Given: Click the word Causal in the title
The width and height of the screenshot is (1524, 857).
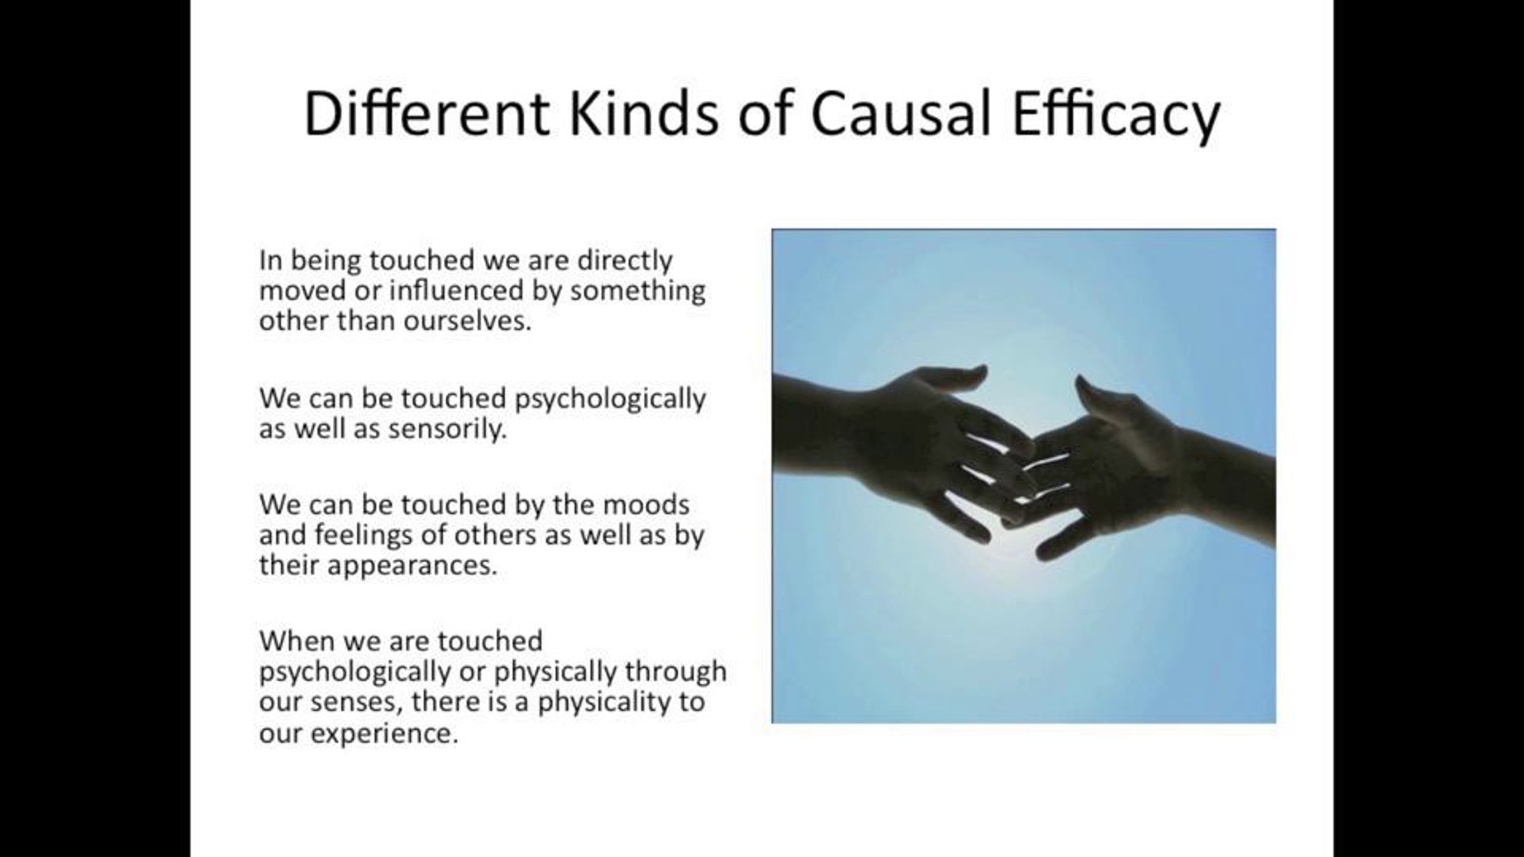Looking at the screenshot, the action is [x=900, y=114].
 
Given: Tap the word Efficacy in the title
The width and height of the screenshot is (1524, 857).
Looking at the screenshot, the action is [x=1116, y=117].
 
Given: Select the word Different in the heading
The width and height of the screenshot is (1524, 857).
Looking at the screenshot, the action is [x=427, y=114].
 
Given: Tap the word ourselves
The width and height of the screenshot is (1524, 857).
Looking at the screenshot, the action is [x=467, y=321].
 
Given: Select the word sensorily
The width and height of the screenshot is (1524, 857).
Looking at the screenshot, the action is [x=448, y=430].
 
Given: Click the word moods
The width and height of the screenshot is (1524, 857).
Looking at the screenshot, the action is [x=646, y=505].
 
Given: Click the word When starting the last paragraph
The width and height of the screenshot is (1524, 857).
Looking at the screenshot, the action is [x=297, y=641].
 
